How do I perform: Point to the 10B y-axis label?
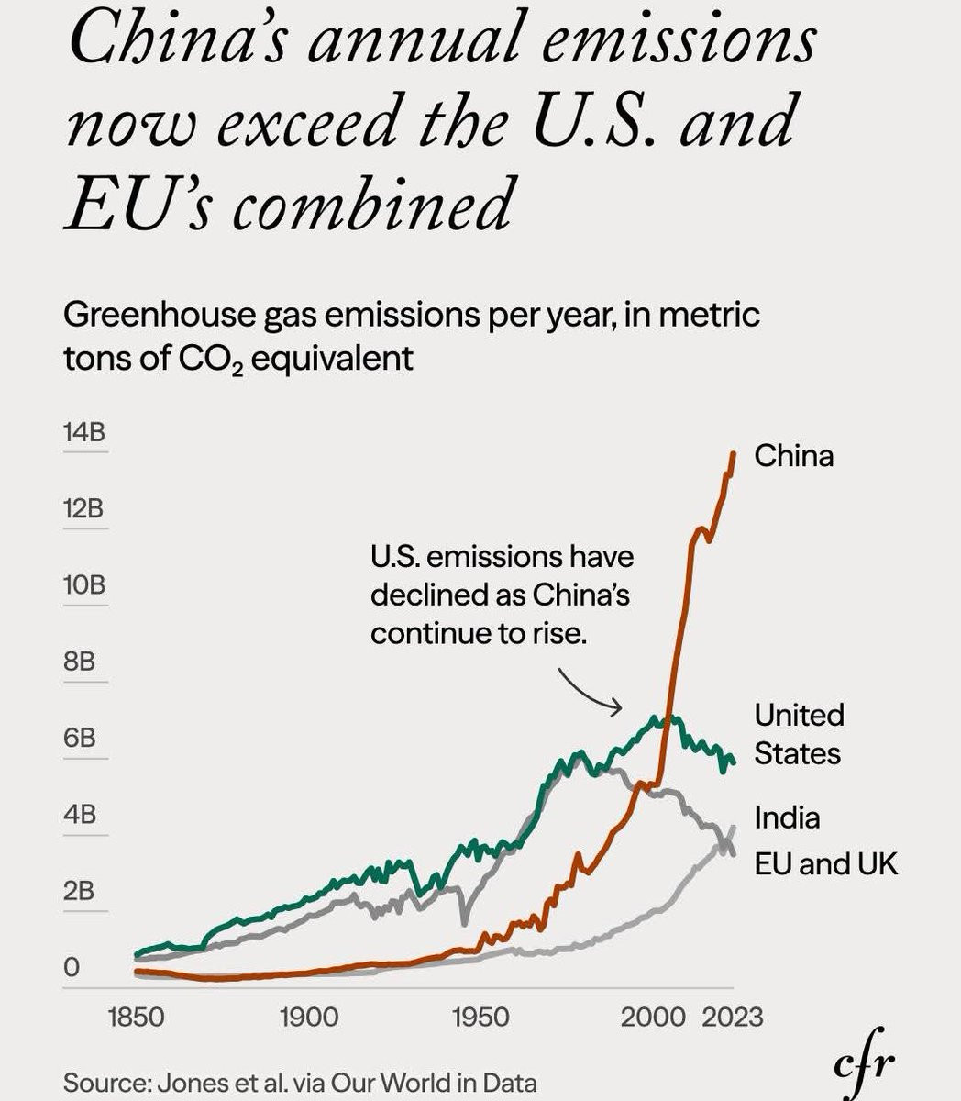click(x=83, y=584)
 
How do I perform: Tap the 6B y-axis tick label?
click(x=80, y=738)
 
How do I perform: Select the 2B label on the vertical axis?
click(x=80, y=891)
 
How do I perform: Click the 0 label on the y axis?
click(x=72, y=967)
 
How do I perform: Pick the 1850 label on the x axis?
click(x=136, y=1017)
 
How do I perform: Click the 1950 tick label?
click(x=480, y=1017)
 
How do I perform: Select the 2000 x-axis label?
click(x=652, y=1017)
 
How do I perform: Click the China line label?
click(x=794, y=456)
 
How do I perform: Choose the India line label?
click(x=787, y=817)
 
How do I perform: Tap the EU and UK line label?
click(x=826, y=863)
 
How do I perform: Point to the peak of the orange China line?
click(x=733, y=453)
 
